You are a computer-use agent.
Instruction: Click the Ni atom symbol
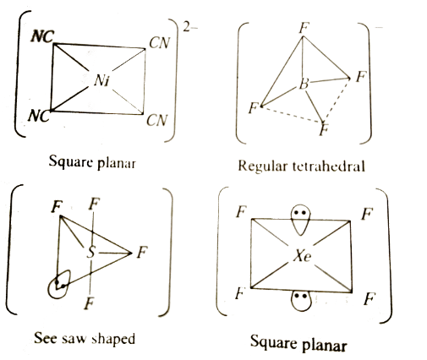click(x=101, y=80)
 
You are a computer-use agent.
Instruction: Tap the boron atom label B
click(x=304, y=84)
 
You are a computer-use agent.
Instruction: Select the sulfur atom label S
click(x=90, y=252)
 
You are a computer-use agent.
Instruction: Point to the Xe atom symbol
click(x=302, y=256)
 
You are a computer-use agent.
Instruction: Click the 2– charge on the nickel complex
click(x=190, y=28)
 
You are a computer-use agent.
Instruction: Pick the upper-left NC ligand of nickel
click(x=42, y=36)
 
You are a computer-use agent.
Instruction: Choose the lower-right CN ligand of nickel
click(x=157, y=120)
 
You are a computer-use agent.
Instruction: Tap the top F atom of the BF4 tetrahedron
click(x=304, y=28)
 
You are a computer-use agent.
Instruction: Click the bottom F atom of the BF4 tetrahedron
click(x=324, y=129)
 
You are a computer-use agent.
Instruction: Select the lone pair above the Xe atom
click(x=300, y=219)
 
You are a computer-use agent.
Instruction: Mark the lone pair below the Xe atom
click(x=301, y=301)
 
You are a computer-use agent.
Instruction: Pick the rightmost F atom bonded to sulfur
click(x=142, y=252)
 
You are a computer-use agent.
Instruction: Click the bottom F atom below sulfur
click(x=90, y=303)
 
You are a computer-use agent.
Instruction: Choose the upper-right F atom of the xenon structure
click(x=367, y=214)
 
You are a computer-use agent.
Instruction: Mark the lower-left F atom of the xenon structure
click(x=239, y=293)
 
